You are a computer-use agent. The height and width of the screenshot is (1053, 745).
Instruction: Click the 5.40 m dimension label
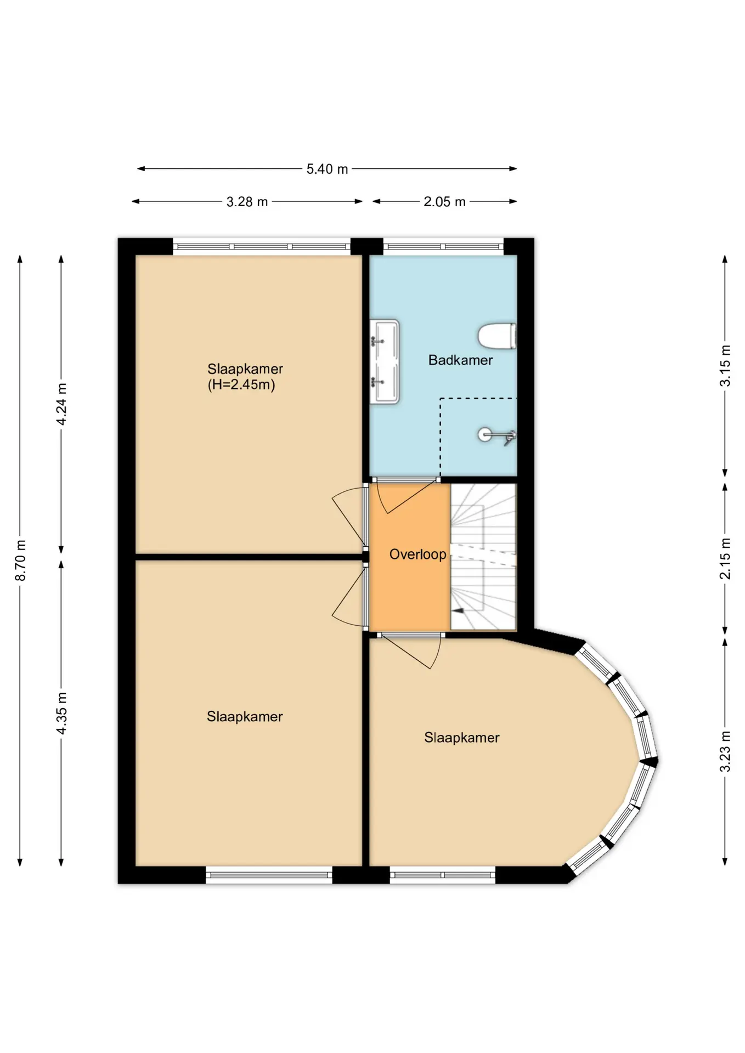point(327,169)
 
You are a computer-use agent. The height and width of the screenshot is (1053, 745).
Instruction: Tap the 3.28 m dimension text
point(247,202)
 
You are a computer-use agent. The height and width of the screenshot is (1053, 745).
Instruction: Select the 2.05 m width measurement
point(444,202)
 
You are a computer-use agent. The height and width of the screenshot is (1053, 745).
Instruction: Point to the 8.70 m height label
point(20,560)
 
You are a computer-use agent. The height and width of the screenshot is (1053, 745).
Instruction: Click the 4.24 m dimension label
point(61,404)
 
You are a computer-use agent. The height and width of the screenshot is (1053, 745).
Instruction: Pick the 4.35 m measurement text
point(61,713)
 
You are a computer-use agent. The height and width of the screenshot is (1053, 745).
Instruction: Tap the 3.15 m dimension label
point(725,365)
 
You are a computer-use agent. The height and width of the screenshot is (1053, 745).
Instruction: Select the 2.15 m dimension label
point(725,558)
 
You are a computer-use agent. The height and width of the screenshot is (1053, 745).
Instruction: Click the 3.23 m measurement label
point(725,751)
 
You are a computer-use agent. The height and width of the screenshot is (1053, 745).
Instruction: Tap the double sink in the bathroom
point(385,362)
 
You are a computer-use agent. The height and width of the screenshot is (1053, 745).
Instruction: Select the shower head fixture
point(496,435)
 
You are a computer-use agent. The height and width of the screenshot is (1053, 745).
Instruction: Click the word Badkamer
point(460,360)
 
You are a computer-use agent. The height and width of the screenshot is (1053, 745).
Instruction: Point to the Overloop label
point(417,554)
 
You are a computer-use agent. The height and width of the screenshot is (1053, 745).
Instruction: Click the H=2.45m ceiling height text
point(241,384)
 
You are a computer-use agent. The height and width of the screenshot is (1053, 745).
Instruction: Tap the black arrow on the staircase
point(458,610)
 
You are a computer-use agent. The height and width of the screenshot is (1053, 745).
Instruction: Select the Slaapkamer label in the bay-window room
point(462,738)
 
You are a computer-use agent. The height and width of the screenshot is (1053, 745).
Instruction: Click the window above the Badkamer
point(443,246)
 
